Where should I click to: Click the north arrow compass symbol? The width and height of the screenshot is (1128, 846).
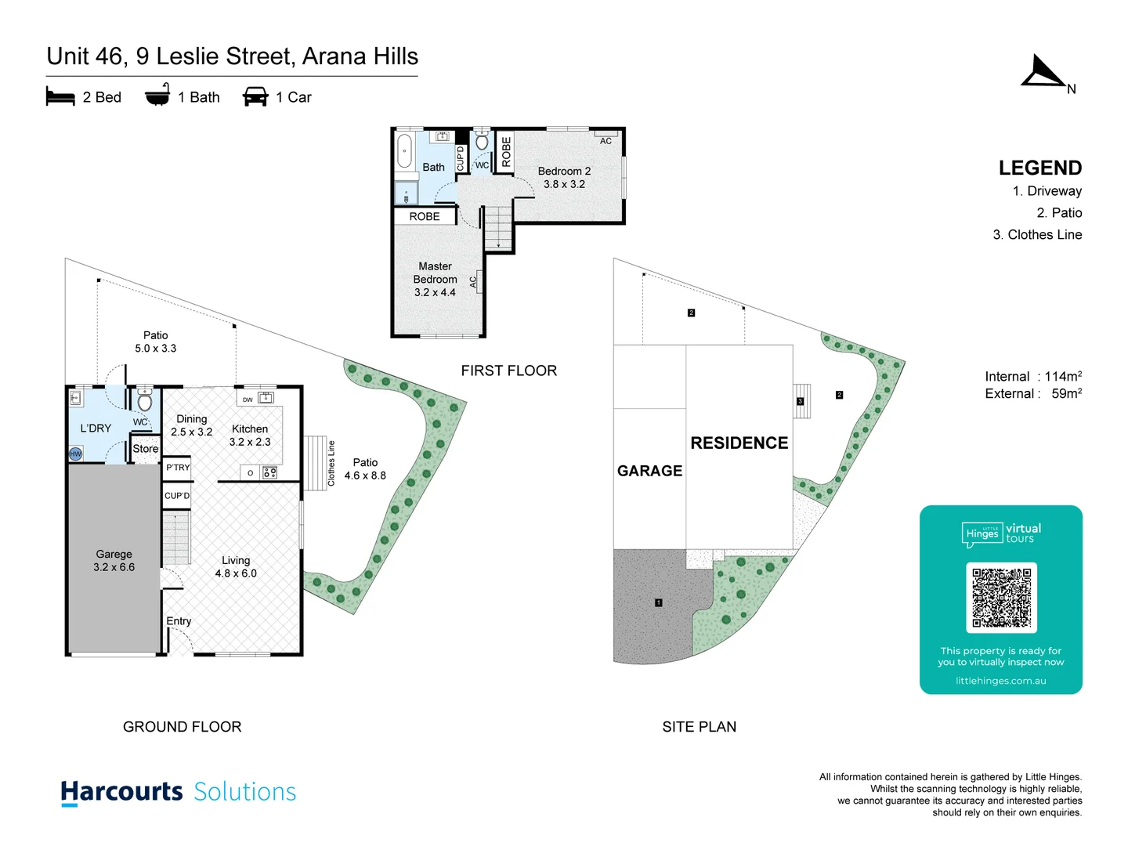click(x=1045, y=73)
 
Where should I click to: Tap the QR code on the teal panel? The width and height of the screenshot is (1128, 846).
click(x=1001, y=598)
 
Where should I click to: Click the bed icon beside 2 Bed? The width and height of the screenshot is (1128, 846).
click(x=60, y=97)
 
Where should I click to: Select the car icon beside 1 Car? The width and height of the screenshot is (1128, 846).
click(x=255, y=97)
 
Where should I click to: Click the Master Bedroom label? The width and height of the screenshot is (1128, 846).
click(x=435, y=279)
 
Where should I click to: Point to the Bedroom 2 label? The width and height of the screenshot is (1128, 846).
click(x=564, y=177)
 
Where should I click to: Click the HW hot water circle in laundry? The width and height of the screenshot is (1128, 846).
click(x=76, y=454)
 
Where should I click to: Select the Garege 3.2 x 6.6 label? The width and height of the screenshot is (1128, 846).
click(x=114, y=560)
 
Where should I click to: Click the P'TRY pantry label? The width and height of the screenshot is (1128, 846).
click(x=178, y=468)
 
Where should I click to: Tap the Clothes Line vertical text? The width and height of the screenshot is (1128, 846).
click(x=331, y=463)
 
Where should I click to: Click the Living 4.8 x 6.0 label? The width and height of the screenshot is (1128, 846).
click(x=236, y=566)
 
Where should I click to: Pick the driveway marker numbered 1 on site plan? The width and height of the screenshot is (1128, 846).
click(x=659, y=602)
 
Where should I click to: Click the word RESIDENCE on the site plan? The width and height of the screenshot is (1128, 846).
click(x=739, y=443)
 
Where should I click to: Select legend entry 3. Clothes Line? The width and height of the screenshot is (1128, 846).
click(x=1037, y=235)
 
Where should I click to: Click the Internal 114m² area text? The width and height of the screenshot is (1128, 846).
click(x=1032, y=377)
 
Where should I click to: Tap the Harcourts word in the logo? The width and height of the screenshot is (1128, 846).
click(x=121, y=792)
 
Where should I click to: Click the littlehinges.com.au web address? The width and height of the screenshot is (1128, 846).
click(x=1000, y=681)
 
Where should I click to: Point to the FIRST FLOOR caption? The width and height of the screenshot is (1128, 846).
click(x=508, y=371)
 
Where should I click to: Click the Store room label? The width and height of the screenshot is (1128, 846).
click(x=145, y=449)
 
